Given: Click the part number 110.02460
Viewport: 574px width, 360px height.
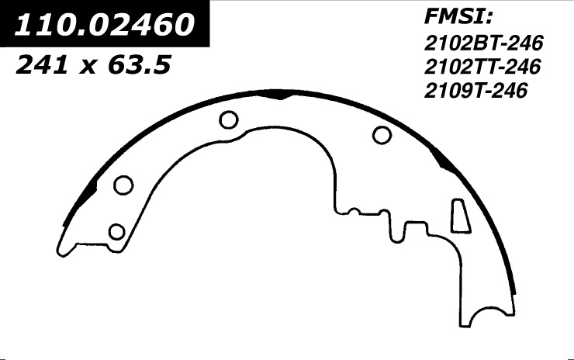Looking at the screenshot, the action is pos(104,25).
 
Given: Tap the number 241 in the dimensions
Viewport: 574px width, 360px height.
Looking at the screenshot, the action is pos(42,65).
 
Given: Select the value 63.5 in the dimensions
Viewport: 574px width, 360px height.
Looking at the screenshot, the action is pos(139,65).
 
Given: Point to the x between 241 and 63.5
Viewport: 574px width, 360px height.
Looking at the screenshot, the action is pos(88,67).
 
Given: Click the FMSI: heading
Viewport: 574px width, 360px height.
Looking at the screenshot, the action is pos(458,17).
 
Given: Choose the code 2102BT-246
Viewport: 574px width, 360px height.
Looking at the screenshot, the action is pos(483,43).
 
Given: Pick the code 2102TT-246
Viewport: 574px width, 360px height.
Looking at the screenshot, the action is pos(482,67).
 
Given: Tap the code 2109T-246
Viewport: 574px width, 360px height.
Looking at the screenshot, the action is pos(476,91).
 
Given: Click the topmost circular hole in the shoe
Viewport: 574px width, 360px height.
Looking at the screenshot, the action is pos(229,119).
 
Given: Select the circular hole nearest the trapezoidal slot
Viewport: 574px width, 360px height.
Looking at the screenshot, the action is pos(382,135).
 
